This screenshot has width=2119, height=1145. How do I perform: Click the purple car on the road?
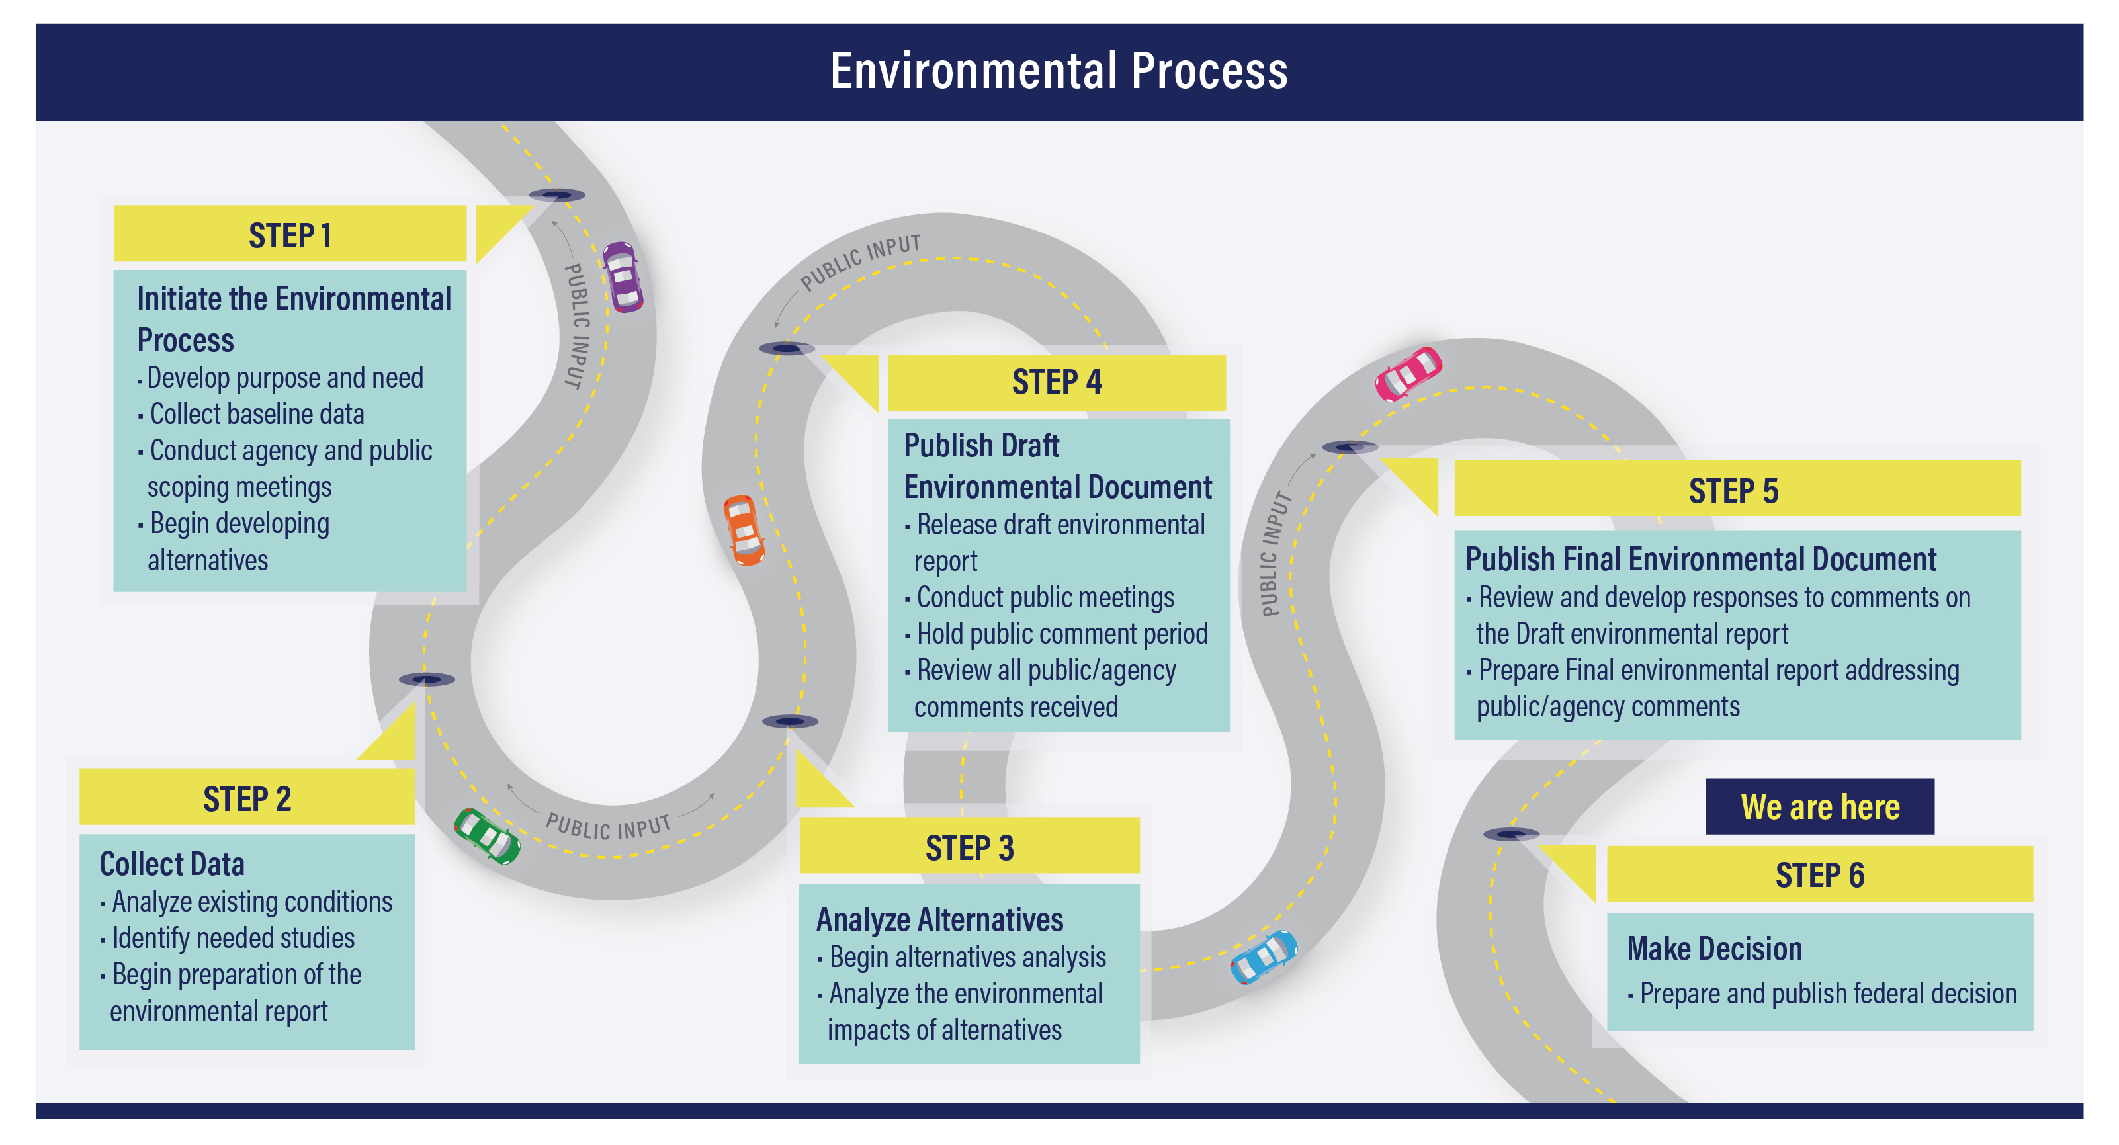pyautogui.click(x=622, y=276)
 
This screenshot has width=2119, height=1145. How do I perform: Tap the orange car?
pyautogui.click(x=744, y=530)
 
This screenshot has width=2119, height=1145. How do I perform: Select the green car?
pyautogui.click(x=487, y=835)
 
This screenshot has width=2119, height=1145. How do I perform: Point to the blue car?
pyautogui.click(x=1264, y=956)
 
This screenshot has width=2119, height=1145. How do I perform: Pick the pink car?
pyautogui.click(x=1408, y=374)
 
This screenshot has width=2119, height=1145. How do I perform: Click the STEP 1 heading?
pyautogui.click(x=290, y=235)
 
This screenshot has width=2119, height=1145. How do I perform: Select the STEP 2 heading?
pyautogui.click(x=247, y=798)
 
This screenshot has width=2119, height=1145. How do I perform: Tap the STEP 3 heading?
pyautogui.click(x=969, y=847)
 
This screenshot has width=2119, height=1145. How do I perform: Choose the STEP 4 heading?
pyautogui.click(x=1057, y=382)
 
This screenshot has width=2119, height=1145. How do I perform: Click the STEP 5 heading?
pyautogui.click(x=1733, y=491)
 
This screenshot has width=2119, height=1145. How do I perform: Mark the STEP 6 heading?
pyautogui.click(x=1819, y=875)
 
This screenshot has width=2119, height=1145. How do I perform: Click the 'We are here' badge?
pyautogui.click(x=1819, y=807)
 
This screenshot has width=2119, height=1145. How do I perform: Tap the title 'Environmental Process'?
pyautogui.click(x=1059, y=71)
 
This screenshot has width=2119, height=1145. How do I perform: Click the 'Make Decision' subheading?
pyautogui.click(x=1714, y=949)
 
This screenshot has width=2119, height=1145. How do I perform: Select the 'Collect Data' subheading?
pyautogui.click(x=172, y=864)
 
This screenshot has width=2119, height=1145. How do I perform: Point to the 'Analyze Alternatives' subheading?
pyautogui.click(x=939, y=919)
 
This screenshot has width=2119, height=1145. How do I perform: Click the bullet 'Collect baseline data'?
pyautogui.click(x=257, y=413)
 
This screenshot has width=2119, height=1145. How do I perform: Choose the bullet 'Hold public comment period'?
pyautogui.click(x=1061, y=634)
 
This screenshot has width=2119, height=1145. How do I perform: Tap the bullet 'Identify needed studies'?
pyautogui.click(x=233, y=938)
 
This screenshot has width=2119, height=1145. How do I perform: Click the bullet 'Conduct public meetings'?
pyautogui.click(x=1045, y=597)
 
